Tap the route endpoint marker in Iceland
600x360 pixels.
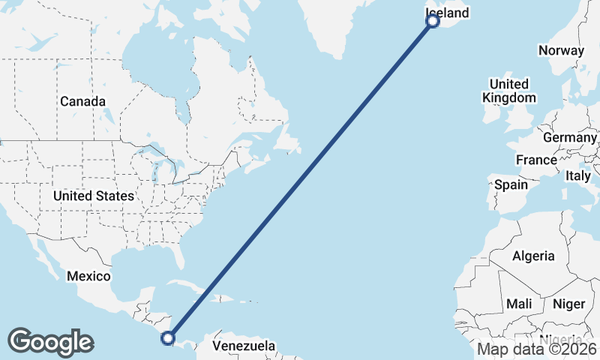432,21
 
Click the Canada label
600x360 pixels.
82,101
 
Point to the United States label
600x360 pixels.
94,196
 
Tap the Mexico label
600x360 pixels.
88,276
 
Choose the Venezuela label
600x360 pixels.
244,346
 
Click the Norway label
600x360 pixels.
561,51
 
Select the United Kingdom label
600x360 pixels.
509,91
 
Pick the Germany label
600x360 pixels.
569,138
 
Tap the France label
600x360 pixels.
536,160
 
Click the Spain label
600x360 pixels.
511,184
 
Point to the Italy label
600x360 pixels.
578,175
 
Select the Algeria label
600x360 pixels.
533,256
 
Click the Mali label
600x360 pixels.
519,304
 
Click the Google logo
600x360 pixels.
50,342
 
